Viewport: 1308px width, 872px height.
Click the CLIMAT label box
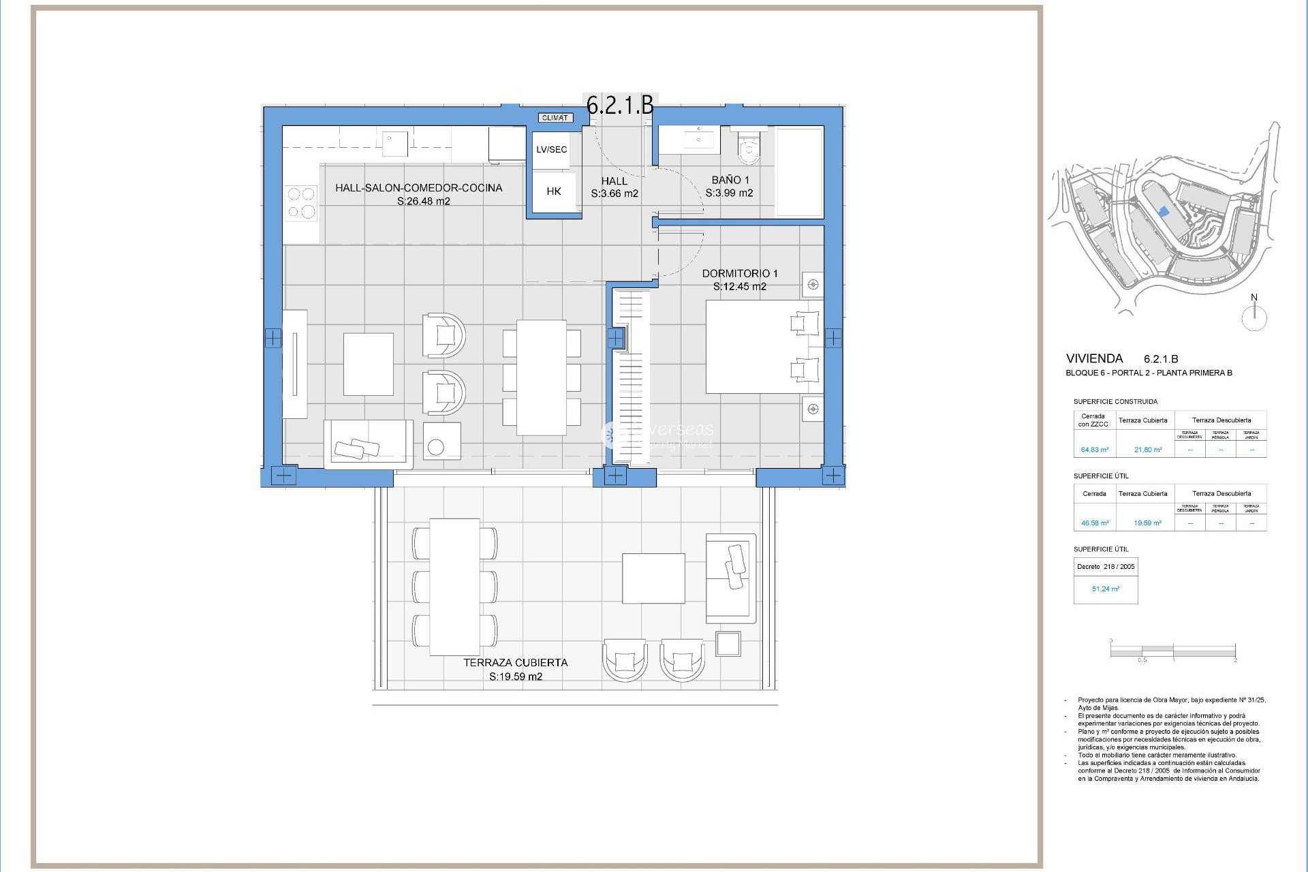click(x=555, y=118)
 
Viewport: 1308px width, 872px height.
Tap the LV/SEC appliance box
click(x=551, y=150)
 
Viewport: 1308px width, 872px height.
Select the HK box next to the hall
click(x=554, y=191)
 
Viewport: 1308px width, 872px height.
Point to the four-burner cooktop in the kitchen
click(x=301, y=203)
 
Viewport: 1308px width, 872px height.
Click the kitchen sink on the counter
click(x=394, y=143)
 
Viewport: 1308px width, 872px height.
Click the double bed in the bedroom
click(x=763, y=346)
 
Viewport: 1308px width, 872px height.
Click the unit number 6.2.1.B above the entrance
click(x=620, y=104)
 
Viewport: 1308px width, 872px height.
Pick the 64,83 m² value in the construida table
click(x=1094, y=450)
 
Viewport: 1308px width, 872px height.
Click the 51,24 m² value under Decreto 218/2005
click(x=1105, y=589)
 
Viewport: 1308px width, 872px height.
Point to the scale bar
click(x=1172, y=652)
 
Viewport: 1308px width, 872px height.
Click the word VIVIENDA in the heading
click(x=1094, y=358)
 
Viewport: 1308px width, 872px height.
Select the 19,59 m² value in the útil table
click(x=1147, y=523)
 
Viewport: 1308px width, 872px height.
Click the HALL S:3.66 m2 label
click(x=614, y=187)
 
